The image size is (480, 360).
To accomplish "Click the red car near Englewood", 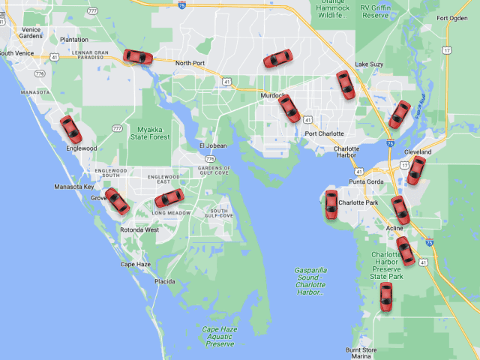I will pyautogui.click(x=70, y=129).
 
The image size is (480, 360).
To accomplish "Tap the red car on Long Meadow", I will pyautogui.click(x=169, y=198).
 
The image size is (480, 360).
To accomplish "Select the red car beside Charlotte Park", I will pyautogui.click(x=331, y=204).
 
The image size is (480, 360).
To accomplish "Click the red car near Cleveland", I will pyautogui.click(x=415, y=170).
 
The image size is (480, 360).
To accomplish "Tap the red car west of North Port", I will pyautogui.click(x=138, y=57).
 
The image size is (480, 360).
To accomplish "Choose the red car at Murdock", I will pyautogui.click(x=289, y=109).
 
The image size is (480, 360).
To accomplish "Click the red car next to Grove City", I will pyautogui.click(x=117, y=201).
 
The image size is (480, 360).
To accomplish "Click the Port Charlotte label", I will pyautogui.click(x=324, y=134).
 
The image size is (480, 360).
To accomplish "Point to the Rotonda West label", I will pyautogui.click(x=139, y=230).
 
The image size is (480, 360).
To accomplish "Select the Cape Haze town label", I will pyautogui.click(x=135, y=264).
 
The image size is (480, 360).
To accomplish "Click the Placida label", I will pyautogui.click(x=165, y=281).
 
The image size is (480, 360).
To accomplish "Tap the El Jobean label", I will pyautogui.click(x=212, y=145).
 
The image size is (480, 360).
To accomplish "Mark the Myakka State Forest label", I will pyautogui.click(x=148, y=132).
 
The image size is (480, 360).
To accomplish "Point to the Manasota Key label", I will pyautogui.click(x=73, y=187).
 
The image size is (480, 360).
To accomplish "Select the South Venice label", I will pyautogui.click(x=16, y=53).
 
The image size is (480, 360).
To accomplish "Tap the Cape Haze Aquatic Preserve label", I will pyautogui.click(x=219, y=336).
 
